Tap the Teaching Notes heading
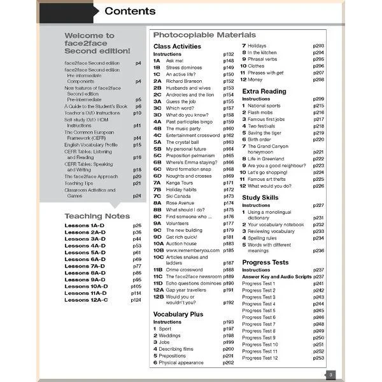pos(97,216)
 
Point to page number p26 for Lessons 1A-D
pos(137,226)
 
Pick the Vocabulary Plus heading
pos(178,314)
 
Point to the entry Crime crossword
pos(185,269)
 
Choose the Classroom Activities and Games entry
pos(90,193)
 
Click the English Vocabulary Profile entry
pos(91,145)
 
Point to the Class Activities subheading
pos(177,46)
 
